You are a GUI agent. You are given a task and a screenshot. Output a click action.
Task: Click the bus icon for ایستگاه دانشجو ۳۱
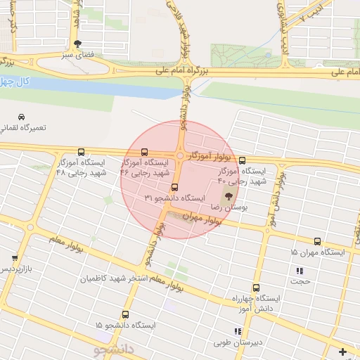coord(175,188)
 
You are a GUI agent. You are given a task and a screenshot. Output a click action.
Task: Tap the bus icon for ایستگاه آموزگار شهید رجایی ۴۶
coord(145,151)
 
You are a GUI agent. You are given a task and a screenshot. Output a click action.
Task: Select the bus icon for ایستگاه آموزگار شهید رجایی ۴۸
coord(81,151)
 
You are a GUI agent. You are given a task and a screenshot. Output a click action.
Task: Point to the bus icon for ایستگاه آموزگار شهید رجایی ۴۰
coord(243,160)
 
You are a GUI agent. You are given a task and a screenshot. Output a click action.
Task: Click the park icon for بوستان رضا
coord(229,197)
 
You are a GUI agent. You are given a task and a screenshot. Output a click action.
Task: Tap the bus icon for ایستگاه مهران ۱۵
coord(318,241)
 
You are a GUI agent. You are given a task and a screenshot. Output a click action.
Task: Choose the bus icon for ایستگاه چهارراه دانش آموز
coord(255,288)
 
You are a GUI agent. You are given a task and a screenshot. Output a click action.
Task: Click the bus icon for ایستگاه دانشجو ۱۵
coord(126,314)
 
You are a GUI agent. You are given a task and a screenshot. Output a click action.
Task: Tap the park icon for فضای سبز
coord(77,43)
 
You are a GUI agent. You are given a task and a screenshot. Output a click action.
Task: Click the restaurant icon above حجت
coord(300,271)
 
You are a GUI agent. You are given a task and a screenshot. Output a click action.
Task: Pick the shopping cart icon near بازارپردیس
coord(15,259)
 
